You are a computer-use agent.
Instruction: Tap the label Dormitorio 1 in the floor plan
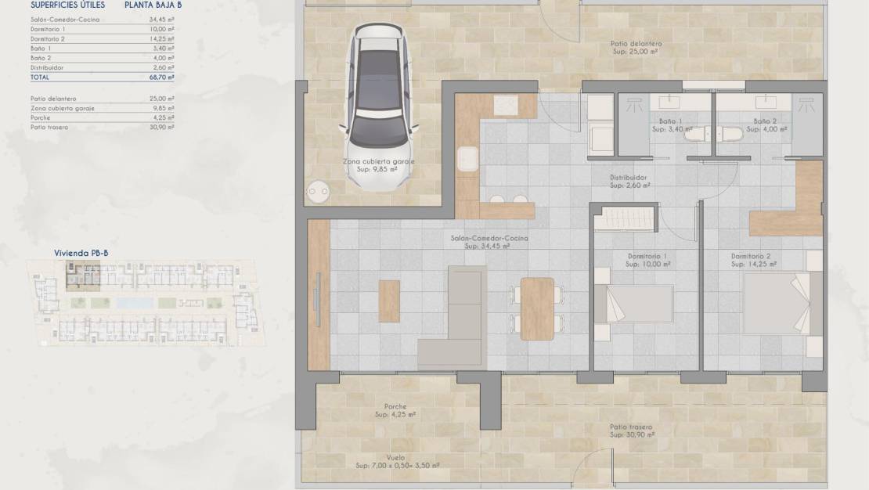(x=647, y=257)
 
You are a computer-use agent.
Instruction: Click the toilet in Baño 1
(x=695, y=135)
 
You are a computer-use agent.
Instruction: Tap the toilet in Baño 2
(x=730, y=135)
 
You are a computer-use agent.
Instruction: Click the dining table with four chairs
(x=537, y=308)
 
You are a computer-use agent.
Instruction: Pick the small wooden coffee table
(x=389, y=301)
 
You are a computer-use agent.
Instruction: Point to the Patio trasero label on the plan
(x=633, y=427)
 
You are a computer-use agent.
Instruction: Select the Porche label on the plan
(x=395, y=406)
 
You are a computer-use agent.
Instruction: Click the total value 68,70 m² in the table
(x=161, y=77)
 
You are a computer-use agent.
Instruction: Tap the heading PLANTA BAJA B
(x=153, y=5)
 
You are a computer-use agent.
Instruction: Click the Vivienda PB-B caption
(x=81, y=253)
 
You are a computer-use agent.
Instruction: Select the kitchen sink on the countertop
(x=467, y=159)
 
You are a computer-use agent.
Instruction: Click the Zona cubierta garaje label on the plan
(x=379, y=161)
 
